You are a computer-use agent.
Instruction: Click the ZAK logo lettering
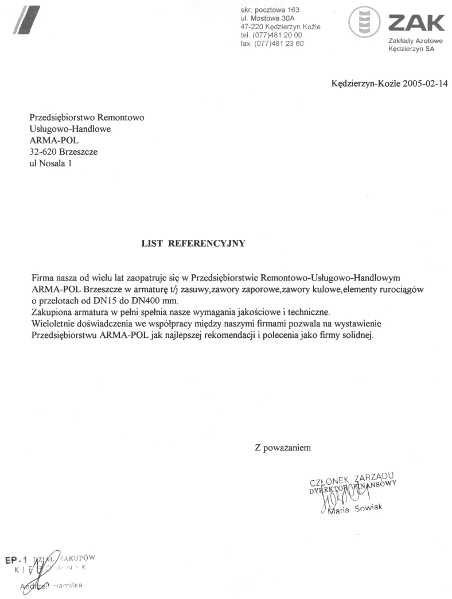[416, 24]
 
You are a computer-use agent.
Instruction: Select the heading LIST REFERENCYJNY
[193, 243]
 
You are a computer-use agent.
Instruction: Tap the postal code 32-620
[43, 152]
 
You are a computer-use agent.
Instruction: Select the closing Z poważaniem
[283, 448]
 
